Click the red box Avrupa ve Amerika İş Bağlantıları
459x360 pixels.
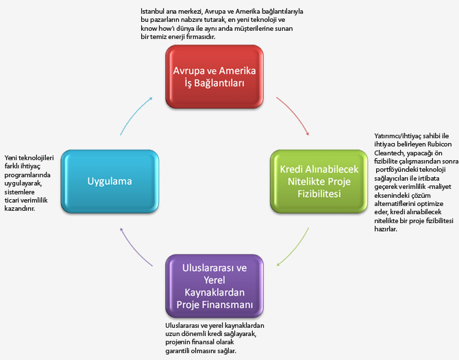213,75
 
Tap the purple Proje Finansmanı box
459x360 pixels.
214,285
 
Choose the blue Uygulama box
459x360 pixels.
110,181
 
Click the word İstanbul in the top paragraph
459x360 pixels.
153,12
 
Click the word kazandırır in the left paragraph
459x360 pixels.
19,209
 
